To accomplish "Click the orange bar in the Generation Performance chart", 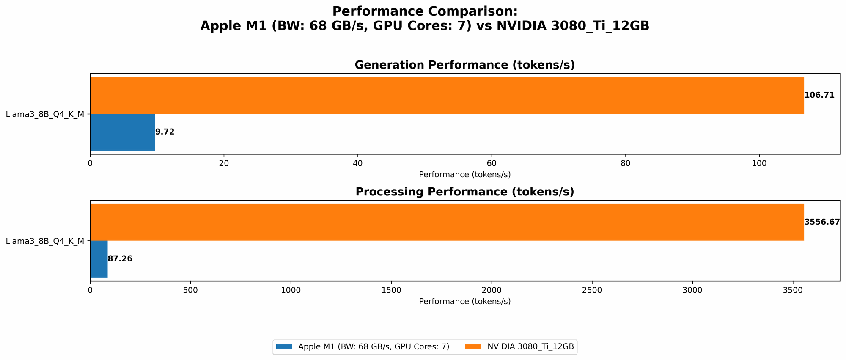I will [x=447, y=95].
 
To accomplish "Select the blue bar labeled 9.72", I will [x=123, y=132].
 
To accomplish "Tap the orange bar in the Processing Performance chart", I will [x=447, y=222].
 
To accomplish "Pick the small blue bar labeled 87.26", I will [x=99, y=259].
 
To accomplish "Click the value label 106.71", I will [x=819, y=95].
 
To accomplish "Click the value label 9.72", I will [x=165, y=132].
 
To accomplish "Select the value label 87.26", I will [x=120, y=259].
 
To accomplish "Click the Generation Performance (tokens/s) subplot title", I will [x=464, y=65].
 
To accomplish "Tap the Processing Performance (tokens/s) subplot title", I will [x=464, y=192].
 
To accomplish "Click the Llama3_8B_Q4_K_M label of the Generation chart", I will [x=45, y=114].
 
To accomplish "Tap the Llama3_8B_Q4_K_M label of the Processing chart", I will [x=45, y=241].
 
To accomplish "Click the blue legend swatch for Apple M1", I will [x=284, y=346].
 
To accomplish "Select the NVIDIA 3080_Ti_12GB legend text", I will [x=530, y=346].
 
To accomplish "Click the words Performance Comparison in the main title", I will [x=424, y=11].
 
